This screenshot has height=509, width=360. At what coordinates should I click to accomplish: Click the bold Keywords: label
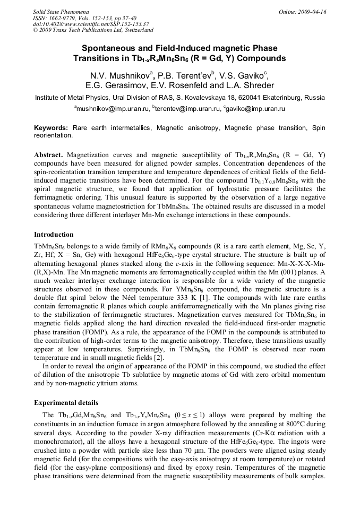coord(51,128)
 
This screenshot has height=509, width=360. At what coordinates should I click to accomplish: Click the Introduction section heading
coord(54,235)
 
